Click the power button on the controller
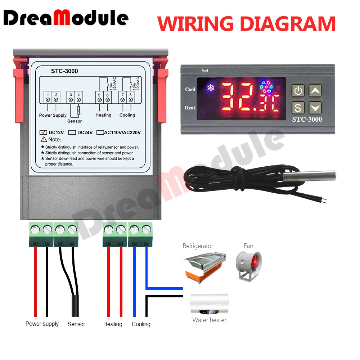(x=298, y=91)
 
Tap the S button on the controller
(x=298, y=108)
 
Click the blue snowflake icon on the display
(x=210, y=87)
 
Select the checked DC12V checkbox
(x=44, y=132)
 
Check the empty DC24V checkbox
(x=72, y=132)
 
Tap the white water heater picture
(x=209, y=305)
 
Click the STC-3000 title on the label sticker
(x=64, y=71)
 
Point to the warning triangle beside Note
(x=44, y=139)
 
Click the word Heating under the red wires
(x=113, y=324)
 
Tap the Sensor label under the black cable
(x=76, y=324)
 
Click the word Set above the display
(x=205, y=71)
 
